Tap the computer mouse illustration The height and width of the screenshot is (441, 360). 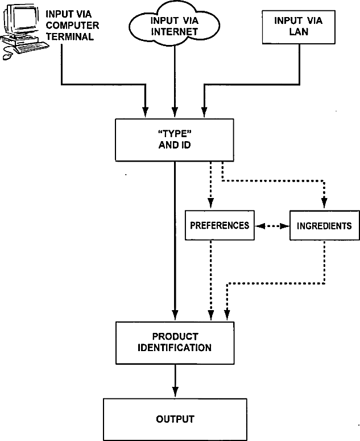click(7, 56)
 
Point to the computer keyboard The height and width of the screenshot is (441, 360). click(32, 47)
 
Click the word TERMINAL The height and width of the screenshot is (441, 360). click(70, 36)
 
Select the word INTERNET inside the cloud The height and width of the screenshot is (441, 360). click(174, 31)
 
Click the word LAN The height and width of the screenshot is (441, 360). click(299, 31)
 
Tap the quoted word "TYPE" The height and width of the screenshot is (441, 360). click(175, 133)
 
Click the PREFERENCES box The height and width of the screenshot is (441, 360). click(220, 225)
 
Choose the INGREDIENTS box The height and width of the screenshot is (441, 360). click(325, 225)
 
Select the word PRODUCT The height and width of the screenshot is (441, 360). click(175, 336)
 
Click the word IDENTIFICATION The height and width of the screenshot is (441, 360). click(175, 348)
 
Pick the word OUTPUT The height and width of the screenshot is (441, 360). click(175, 419)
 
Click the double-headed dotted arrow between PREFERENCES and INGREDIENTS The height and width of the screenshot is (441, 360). click(272, 226)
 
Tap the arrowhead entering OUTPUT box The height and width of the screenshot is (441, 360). click(175, 392)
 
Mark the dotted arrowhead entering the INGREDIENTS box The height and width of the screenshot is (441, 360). click(324, 203)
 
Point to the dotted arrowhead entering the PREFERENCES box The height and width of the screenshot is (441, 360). click(211, 203)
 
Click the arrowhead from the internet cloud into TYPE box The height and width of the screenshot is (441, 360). click(175, 112)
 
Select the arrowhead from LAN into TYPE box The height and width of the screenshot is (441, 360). click(204, 112)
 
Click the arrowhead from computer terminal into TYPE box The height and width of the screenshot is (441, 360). click(145, 112)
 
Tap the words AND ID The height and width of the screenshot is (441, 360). click(175, 145)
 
